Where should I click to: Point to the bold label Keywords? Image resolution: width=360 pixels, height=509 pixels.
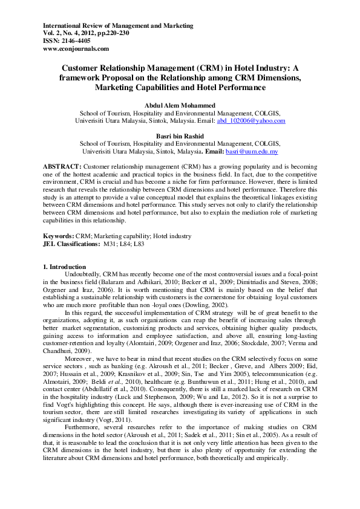59,235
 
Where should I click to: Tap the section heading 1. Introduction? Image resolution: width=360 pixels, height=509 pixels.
65,267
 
